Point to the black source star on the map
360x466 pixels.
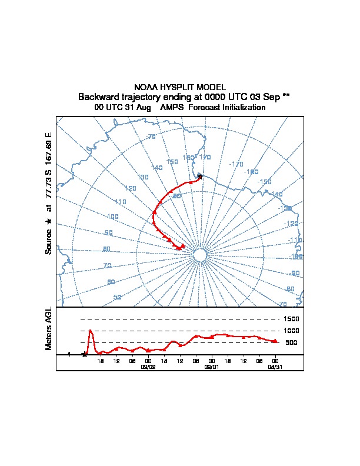pyautogui.click(x=200, y=176)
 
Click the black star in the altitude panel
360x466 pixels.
pyautogui.click(x=85, y=354)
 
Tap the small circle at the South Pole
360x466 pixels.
pyautogui.click(x=199, y=255)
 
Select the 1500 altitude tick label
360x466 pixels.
pyautogui.click(x=292, y=319)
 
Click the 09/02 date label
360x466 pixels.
pyautogui.click(x=148, y=366)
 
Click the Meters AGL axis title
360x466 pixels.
pyautogui.click(x=49, y=328)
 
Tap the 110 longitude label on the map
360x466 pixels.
pyautogui.click(x=121, y=202)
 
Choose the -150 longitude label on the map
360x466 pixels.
pyautogui.click(x=265, y=182)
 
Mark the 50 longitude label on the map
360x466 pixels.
pyautogui.click(x=117, y=297)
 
